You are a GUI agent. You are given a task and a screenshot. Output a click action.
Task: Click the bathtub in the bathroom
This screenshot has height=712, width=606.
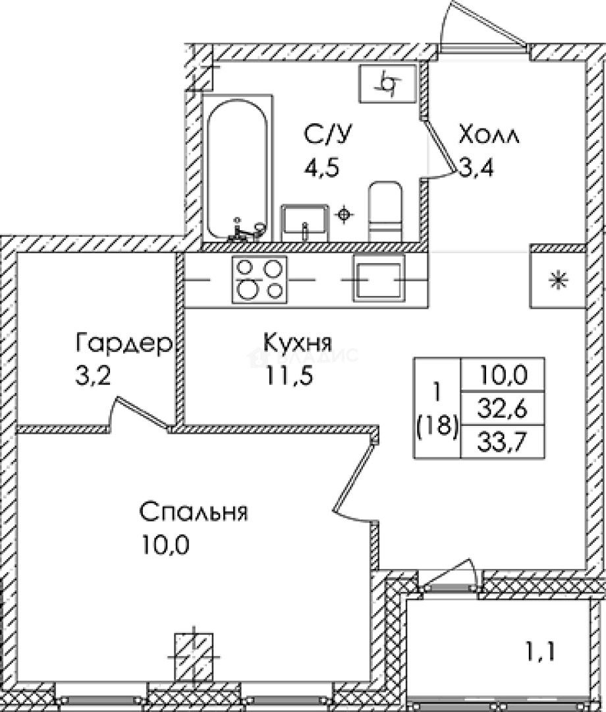coord(237,168)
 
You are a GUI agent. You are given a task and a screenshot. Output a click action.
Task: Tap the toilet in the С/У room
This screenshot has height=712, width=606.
coord(385,212)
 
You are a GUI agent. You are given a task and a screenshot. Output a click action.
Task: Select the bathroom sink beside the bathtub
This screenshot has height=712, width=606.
coord(304,223)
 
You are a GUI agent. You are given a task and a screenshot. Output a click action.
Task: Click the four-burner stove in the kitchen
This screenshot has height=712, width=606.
coord(260,280)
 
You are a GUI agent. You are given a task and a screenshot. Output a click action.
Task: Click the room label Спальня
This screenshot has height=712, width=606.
coord(194,513)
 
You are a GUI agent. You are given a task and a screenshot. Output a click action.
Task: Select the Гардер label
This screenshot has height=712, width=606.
coord(124,344)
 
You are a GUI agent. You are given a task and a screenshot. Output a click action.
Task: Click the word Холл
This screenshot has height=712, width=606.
coord(489,135)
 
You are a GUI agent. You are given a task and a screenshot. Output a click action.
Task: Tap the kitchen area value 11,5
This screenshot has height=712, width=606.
coord(289,376)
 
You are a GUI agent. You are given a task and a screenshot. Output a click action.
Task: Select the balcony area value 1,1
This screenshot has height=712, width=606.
coord(539,653)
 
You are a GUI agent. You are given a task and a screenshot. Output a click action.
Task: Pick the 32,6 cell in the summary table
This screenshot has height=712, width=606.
coord(502,409)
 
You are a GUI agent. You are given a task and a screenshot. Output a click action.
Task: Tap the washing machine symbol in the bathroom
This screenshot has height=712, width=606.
coord(388,84)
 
